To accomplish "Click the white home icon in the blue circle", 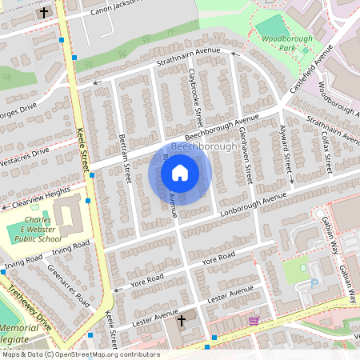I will [x=180, y=172].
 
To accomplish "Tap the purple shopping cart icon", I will [x=254, y=320].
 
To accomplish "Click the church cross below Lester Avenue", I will [x=181, y=321].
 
